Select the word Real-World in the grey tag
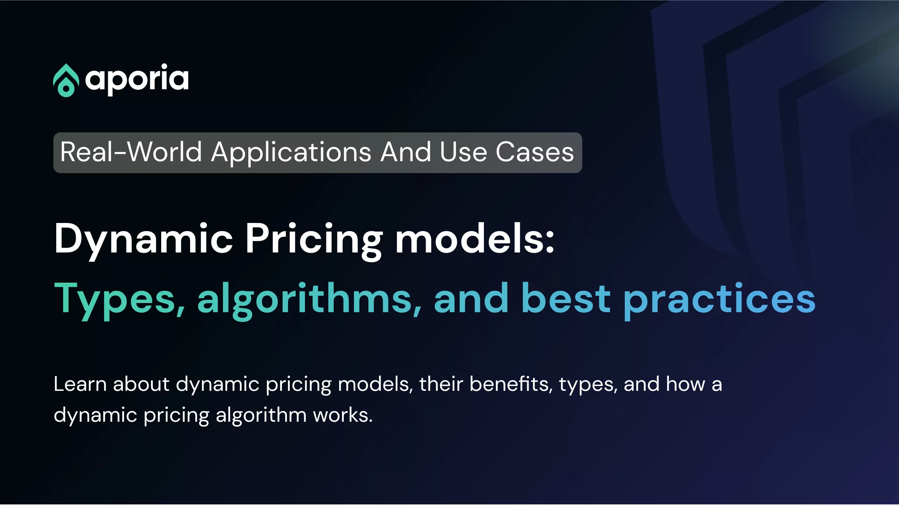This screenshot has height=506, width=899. [131, 152]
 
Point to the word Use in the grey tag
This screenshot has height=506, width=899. [463, 152]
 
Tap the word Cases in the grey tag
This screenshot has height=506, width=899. [534, 152]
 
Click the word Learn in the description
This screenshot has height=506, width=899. [80, 384]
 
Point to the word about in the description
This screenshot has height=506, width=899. [141, 384]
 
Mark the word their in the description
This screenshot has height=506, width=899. [441, 384]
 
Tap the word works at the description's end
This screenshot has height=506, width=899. [343, 415]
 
